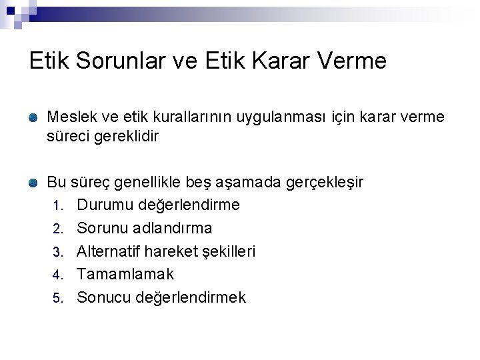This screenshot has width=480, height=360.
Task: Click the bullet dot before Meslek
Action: tap(33, 117)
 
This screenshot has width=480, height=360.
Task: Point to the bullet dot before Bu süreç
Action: tap(33, 181)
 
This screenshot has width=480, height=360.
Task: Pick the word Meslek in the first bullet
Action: tap(70, 117)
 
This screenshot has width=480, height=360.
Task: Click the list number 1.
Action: tap(58, 205)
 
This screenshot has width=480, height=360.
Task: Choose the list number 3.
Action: tap(58, 252)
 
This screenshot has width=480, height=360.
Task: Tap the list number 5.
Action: tap(58, 298)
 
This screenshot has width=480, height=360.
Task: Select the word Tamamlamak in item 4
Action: tap(125, 274)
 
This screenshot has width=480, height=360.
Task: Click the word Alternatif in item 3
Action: tap(109, 251)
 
